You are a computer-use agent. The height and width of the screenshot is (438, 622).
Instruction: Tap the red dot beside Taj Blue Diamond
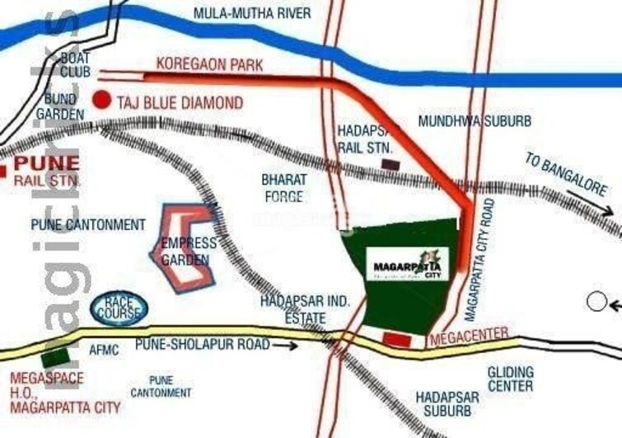pos(101,100)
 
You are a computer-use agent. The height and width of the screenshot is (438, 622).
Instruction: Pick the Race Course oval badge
pos(122,309)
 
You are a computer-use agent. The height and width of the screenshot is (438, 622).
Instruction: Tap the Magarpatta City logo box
pos(408,264)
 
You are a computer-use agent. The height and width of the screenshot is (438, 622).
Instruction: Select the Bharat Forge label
pos(283,188)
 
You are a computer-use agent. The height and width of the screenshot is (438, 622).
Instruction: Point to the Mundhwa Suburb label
pos(474,121)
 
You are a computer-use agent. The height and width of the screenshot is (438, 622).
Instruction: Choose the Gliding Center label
pos(510,379)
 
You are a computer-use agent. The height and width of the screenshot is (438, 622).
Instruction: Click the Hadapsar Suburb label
pos(444,403)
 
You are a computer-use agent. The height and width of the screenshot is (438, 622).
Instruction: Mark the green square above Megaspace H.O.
pos(54,359)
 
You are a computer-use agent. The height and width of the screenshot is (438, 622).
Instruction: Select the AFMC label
pos(104,350)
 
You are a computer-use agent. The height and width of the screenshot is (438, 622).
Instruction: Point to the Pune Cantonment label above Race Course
pos(88,224)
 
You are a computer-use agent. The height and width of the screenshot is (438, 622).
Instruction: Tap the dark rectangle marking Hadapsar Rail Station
pos(391,164)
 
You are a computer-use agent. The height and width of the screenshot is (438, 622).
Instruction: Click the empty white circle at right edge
pos(596,301)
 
